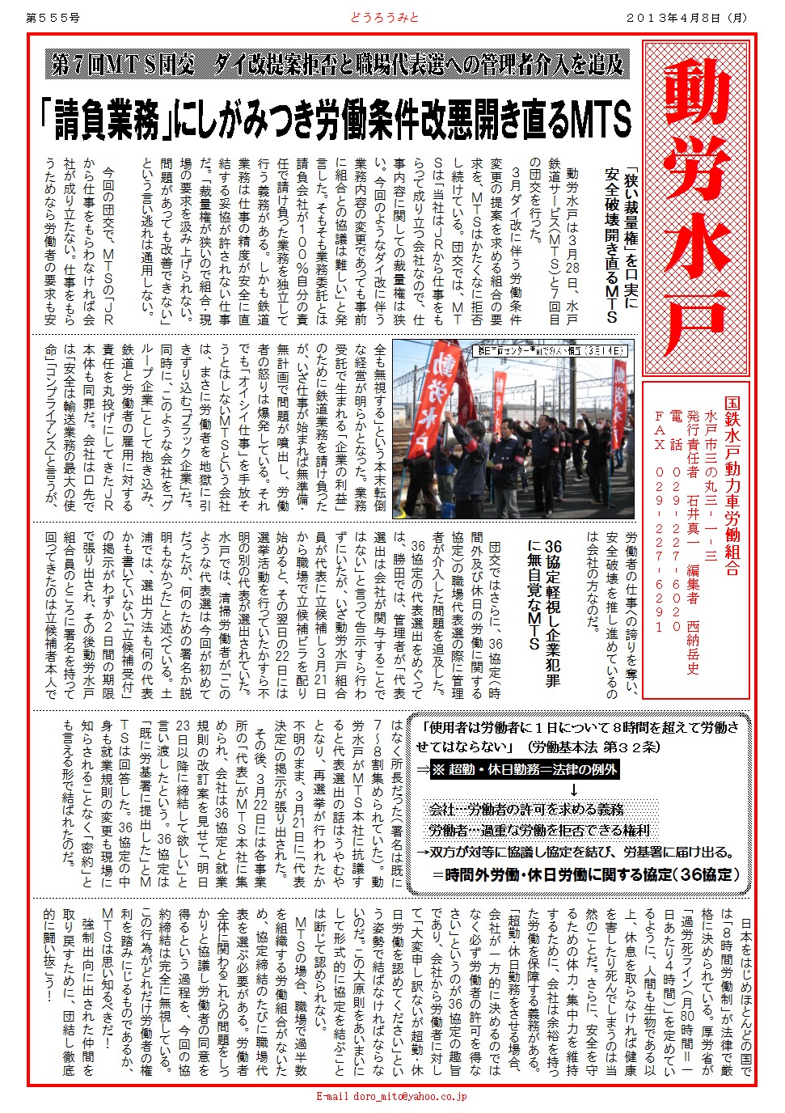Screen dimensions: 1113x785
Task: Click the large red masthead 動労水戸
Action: pyautogui.click(x=696, y=206)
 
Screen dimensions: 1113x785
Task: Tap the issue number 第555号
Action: pyautogui.click(x=53, y=17)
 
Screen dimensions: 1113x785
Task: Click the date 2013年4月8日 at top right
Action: pyautogui.click(x=687, y=17)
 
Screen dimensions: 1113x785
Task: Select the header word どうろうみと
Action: pyautogui.click(x=385, y=17)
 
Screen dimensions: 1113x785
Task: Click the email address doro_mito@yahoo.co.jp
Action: pyautogui.click(x=391, y=1097)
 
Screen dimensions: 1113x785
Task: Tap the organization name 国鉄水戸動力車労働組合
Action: pyautogui.click(x=732, y=485)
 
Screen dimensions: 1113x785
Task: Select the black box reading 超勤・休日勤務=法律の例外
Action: pyautogui.click(x=525, y=769)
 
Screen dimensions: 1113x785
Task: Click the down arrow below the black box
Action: pyautogui.click(x=574, y=789)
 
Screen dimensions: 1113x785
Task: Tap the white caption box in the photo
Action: pyautogui.click(x=550, y=351)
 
